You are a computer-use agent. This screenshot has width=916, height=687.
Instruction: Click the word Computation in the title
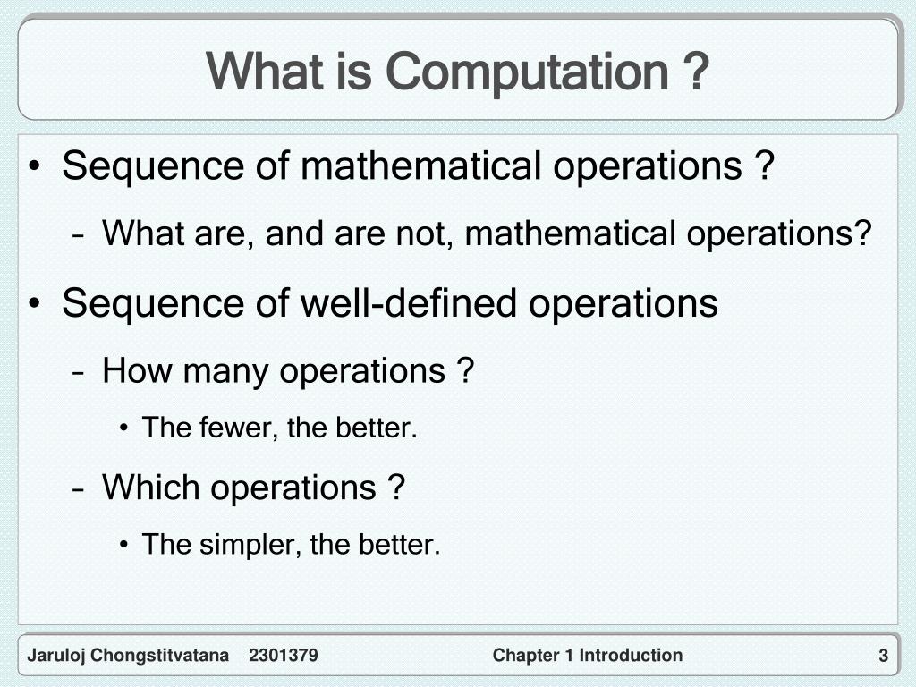[527, 72]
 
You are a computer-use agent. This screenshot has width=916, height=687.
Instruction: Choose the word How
[139, 370]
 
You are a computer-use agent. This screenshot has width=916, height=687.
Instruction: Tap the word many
[227, 370]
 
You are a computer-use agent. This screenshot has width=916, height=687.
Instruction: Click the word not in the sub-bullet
[428, 234]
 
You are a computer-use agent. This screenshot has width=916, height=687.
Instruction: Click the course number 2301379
[284, 656]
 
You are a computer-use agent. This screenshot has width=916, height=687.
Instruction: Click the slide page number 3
[883, 657]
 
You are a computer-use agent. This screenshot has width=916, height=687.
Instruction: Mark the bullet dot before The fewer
[123, 429]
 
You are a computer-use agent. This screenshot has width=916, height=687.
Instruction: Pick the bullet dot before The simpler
[123, 545]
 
